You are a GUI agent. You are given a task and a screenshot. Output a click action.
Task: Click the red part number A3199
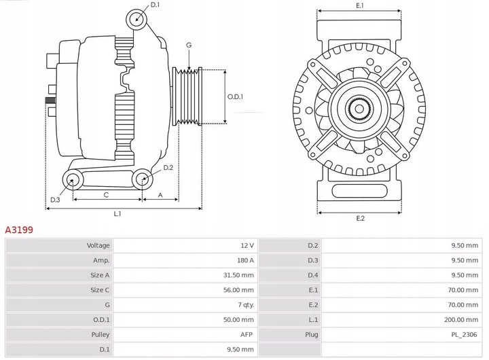point(19,230)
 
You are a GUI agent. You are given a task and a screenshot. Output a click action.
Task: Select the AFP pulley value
point(247,335)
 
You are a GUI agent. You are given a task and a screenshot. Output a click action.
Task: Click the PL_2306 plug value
point(464,335)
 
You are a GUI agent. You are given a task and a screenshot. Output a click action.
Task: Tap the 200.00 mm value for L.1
point(462,320)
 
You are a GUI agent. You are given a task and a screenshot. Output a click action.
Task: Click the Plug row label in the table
point(311,335)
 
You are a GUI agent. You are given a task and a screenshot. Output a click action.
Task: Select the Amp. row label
point(101,260)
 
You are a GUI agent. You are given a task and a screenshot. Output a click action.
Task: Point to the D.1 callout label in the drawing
point(156,5)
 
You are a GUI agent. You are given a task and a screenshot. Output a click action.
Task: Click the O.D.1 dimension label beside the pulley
point(235,97)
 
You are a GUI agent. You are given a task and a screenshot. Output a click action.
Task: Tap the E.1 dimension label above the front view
point(360,5)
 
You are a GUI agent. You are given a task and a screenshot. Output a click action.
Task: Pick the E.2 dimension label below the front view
point(361,218)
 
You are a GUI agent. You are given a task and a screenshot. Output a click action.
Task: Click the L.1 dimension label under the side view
point(117,214)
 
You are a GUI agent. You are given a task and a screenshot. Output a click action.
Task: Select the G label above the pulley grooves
point(189,45)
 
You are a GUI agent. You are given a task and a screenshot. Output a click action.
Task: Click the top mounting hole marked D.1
point(137,18)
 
